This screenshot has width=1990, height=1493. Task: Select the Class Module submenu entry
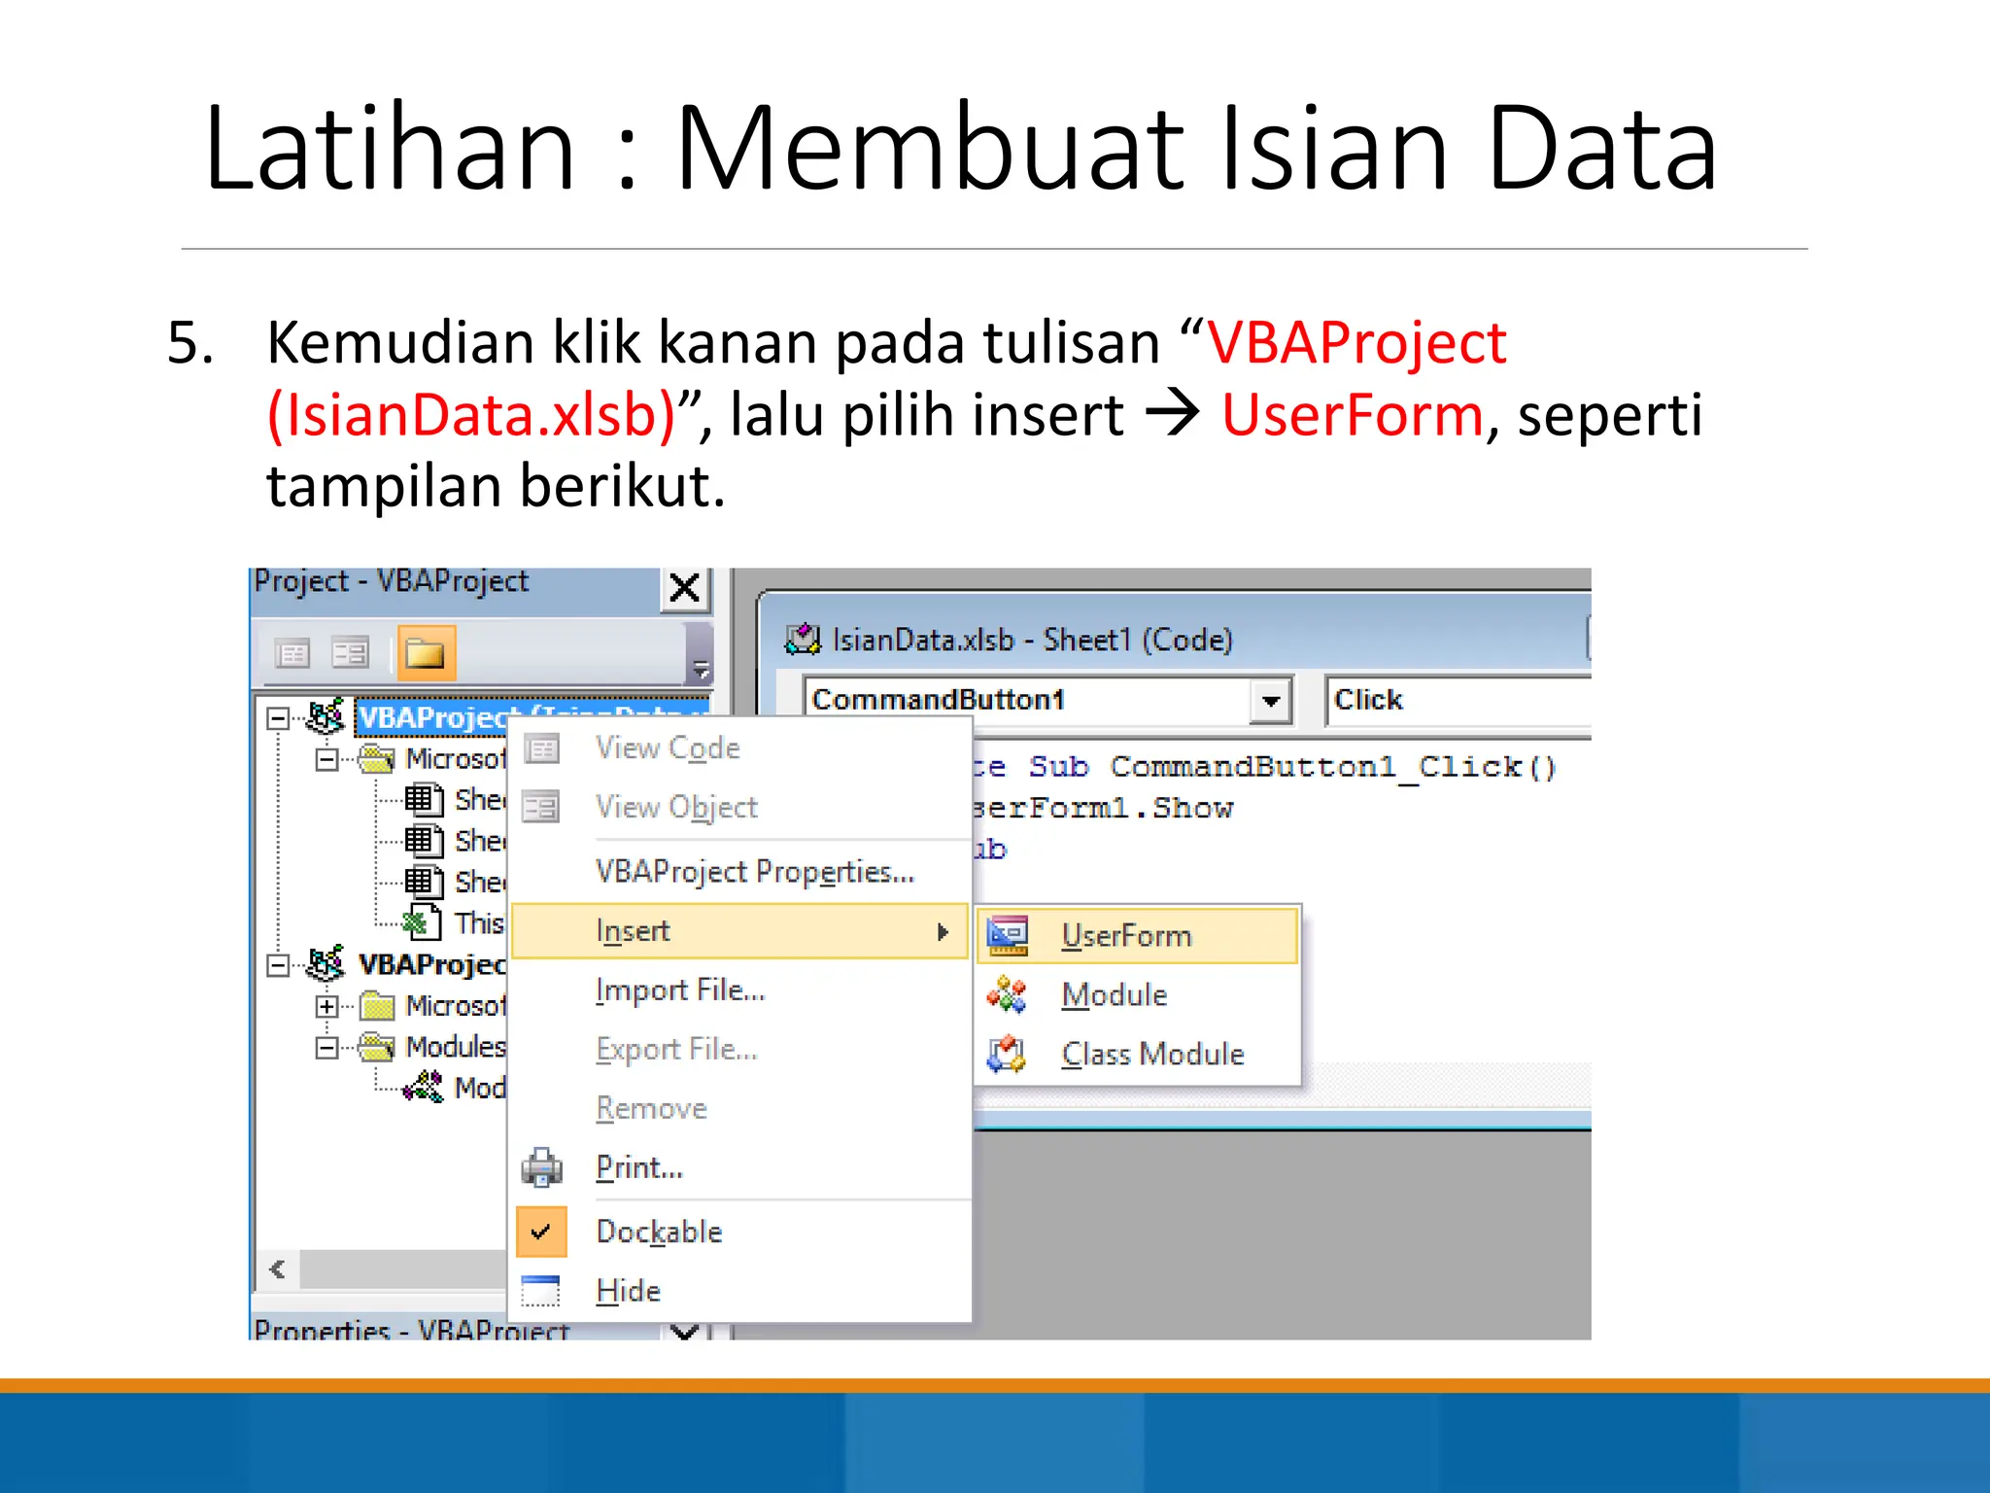(x=1151, y=1054)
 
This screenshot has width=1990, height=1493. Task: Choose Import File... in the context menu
(x=680, y=990)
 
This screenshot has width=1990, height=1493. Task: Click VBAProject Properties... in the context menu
(x=754, y=871)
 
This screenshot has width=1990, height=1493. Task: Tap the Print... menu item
(x=639, y=1166)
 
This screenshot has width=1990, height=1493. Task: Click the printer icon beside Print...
(x=541, y=1167)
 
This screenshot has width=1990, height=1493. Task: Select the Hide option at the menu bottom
(x=628, y=1291)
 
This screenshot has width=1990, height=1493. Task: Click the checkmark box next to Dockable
(x=541, y=1232)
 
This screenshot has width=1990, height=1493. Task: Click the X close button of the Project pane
(x=685, y=588)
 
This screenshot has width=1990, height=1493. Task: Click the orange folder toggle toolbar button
(x=426, y=653)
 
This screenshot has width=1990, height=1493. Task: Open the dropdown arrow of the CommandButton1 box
(x=1271, y=700)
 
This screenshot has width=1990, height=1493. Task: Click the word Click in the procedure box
(x=1368, y=700)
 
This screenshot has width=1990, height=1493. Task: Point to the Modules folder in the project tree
(x=455, y=1047)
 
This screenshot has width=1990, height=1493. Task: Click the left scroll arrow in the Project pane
(x=278, y=1269)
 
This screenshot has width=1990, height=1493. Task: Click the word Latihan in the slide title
(x=390, y=149)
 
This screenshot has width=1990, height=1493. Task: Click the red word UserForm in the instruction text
(x=1352, y=415)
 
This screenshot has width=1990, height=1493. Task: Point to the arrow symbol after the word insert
(x=1173, y=415)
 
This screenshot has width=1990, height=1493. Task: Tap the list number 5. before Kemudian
(x=190, y=342)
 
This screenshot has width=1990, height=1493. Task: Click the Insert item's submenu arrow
(x=942, y=931)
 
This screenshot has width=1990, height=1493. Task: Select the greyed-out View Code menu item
(x=668, y=747)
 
